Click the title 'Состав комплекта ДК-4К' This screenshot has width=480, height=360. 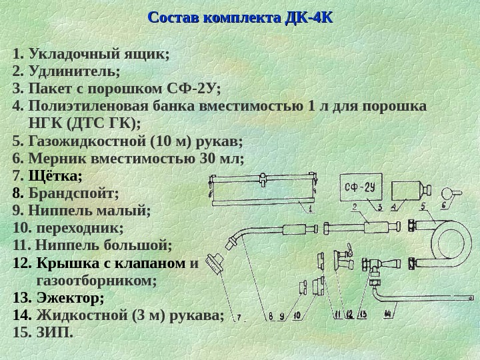(239, 17)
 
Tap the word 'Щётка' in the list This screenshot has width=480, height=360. (55, 176)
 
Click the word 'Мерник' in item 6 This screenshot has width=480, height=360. (57, 159)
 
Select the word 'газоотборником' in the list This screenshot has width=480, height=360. (97, 281)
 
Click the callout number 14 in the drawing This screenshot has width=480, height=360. (389, 314)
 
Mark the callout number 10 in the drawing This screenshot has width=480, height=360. (296, 315)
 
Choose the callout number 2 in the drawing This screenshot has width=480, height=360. (356, 207)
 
